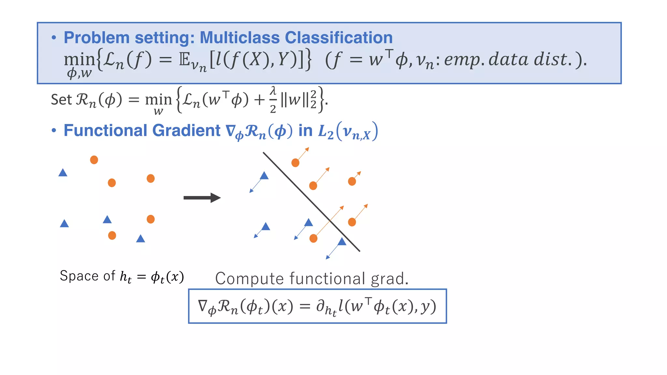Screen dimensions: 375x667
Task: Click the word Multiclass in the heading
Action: pyautogui.click(x=239, y=38)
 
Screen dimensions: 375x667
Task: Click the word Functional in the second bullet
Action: pyautogui.click(x=106, y=131)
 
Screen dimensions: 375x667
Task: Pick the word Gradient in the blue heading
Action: pyautogui.click(x=186, y=131)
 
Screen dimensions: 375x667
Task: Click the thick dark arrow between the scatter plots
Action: pyautogui.click(x=202, y=198)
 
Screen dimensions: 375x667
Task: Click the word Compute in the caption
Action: pyautogui.click(x=249, y=279)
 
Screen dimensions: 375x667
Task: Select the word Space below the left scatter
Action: pyautogui.click(x=79, y=276)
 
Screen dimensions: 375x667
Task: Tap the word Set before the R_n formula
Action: pyautogui.click(x=61, y=100)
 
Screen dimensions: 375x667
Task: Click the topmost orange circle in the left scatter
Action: pyautogui.click(x=94, y=160)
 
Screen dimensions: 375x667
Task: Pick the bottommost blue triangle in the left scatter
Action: pyautogui.click(x=140, y=239)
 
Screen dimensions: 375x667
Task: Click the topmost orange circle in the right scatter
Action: pyautogui.click(x=295, y=163)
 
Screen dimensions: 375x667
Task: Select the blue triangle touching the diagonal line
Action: pyautogui.click(x=342, y=242)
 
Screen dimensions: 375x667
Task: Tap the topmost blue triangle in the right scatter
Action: pyautogui.click(x=264, y=176)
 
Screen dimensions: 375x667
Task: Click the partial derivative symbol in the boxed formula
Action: pyautogui.click(x=320, y=306)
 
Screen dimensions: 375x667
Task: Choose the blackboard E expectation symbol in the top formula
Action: pyautogui.click(x=184, y=60)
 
